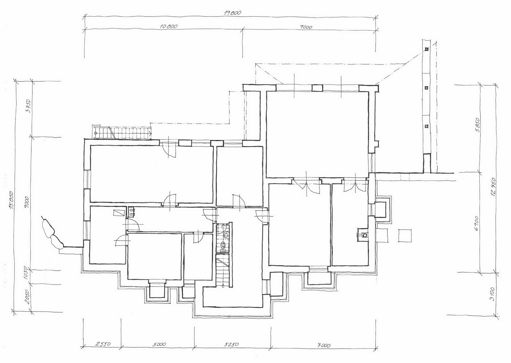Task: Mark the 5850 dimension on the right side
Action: (477, 125)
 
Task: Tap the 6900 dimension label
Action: (476, 223)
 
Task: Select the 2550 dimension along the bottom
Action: (103, 344)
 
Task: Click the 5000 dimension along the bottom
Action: (159, 344)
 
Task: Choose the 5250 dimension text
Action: (231, 344)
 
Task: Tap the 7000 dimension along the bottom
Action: (324, 345)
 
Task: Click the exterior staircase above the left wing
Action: (123, 132)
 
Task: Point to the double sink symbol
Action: (132, 212)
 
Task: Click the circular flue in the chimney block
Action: (365, 235)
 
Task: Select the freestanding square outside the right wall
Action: (405, 235)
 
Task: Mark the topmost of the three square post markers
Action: (426, 49)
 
